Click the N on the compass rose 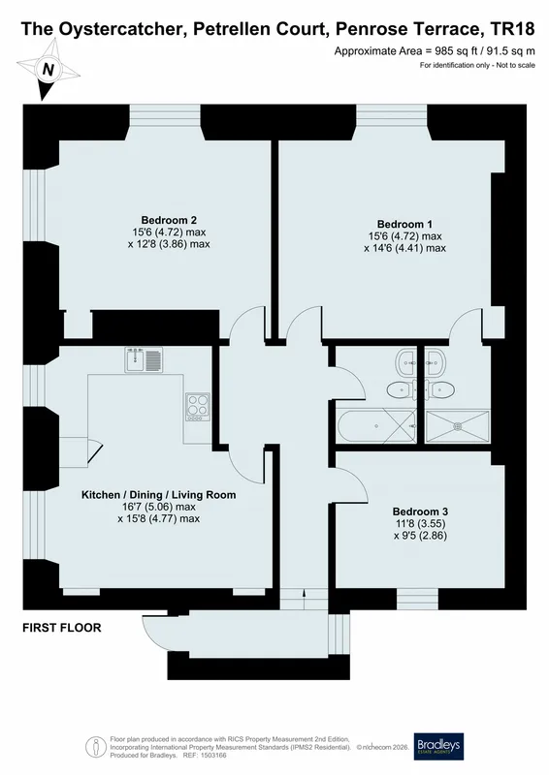click(48, 69)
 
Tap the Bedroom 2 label click(169, 220)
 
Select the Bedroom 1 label click(404, 224)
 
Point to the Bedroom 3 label click(420, 511)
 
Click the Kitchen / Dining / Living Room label click(158, 495)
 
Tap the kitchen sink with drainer click(144, 359)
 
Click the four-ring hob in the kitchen click(198, 407)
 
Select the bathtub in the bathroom click(376, 425)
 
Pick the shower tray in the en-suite click(458, 425)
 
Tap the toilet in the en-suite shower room click(438, 389)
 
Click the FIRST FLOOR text click(62, 628)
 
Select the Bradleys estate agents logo click(438, 746)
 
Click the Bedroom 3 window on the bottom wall click(417, 599)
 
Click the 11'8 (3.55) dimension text click(420, 523)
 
